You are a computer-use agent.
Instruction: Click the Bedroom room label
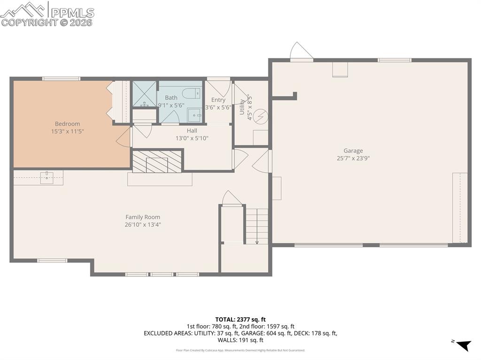point(68,124)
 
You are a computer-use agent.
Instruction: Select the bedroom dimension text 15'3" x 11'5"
point(68,131)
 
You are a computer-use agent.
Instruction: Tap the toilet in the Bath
point(192,93)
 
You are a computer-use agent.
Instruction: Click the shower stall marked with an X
point(144,94)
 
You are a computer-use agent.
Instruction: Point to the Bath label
point(171,98)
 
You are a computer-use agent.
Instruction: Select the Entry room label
point(218,100)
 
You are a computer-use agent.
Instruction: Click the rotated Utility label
point(242,107)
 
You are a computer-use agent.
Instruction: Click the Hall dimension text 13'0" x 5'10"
point(192,138)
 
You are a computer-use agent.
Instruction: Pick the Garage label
point(353,151)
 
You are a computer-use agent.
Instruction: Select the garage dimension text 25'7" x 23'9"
point(353,159)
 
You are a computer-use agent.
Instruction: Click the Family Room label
point(142,217)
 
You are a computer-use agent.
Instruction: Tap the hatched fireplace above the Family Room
point(157,162)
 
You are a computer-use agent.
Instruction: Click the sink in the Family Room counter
point(47,177)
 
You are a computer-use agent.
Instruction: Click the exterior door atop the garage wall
point(301,52)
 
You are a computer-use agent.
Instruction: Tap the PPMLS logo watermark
point(47,14)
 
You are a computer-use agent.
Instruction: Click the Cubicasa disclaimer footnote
point(240,350)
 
